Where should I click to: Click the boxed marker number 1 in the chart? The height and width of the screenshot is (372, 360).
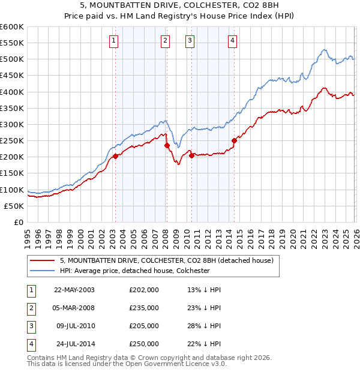113,41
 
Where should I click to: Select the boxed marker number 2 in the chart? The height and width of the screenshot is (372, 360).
165,41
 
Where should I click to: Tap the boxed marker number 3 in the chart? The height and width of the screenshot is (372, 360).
190,41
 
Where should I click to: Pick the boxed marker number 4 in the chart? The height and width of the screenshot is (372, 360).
232,41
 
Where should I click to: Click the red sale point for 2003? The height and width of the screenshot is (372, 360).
115,156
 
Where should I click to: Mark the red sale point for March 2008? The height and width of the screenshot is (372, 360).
167,145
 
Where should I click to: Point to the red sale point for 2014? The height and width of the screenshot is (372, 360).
234,140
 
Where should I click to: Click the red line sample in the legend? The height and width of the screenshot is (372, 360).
43,260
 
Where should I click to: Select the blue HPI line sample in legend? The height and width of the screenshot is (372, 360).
43,271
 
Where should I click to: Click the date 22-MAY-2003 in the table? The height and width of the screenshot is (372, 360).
74,289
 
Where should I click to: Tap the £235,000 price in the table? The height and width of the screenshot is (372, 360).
144,308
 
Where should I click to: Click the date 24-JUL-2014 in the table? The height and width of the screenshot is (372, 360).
74,344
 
